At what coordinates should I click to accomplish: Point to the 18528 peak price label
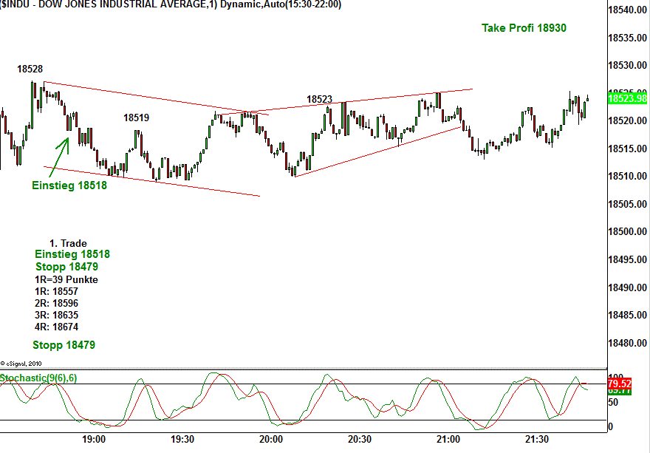(x=30, y=69)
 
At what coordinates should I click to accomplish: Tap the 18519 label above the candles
(x=136, y=117)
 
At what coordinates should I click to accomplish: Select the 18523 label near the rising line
(x=319, y=99)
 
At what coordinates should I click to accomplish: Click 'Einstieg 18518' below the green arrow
(x=69, y=185)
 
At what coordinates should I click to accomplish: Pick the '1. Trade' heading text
(x=68, y=243)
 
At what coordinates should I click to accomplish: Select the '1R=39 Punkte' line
(x=66, y=279)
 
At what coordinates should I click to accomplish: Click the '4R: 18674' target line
(x=56, y=327)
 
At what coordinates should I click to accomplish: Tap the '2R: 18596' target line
(x=56, y=303)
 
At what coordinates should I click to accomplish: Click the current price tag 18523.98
(x=627, y=98)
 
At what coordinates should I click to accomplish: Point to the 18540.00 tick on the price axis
(x=627, y=10)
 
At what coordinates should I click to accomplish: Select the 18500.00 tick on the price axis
(x=627, y=232)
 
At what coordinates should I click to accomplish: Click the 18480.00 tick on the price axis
(x=627, y=344)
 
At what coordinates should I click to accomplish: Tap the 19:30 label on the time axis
(x=182, y=439)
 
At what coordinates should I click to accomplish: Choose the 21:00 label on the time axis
(x=448, y=439)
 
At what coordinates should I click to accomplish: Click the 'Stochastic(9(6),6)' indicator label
(x=38, y=378)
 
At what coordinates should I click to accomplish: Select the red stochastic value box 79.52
(x=619, y=384)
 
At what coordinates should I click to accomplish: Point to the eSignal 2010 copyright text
(x=22, y=364)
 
